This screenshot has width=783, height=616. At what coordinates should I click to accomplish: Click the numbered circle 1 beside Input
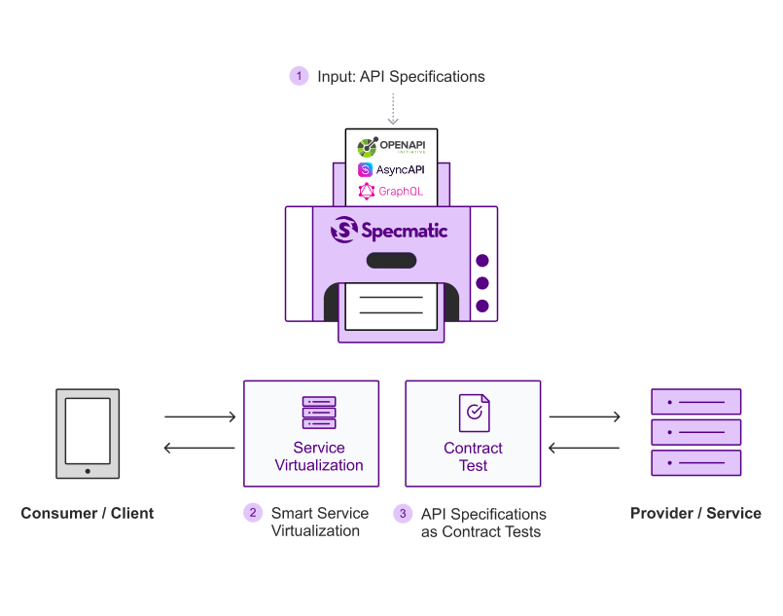(x=300, y=76)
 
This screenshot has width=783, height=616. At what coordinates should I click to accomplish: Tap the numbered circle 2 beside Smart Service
(x=253, y=513)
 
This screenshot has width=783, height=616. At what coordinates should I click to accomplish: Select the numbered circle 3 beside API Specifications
(x=403, y=513)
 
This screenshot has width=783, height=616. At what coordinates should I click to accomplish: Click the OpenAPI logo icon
(x=368, y=147)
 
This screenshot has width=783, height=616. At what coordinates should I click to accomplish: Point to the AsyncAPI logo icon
(x=365, y=170)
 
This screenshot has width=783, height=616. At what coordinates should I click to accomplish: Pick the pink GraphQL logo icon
(x=367, y=191)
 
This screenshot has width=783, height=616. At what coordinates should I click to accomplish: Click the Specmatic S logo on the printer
(x=344, y=230)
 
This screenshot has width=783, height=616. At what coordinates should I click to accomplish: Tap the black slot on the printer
(x=391, y=260)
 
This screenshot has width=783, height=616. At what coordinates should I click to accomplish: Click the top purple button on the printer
(x=482, y=260)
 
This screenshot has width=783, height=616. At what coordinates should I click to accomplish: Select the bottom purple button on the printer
(x=482, y=306)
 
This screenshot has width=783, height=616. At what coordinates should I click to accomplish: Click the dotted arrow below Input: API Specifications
(x=393, y=109)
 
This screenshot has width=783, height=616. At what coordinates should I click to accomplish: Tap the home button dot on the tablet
(x=88, y=471)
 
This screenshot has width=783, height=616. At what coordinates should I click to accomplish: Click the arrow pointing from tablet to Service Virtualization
(x=200, y=417)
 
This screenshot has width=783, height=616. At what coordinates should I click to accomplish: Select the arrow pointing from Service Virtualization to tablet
(x=199, y=448)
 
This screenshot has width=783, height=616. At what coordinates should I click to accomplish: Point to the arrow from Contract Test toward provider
(x=585, y=417)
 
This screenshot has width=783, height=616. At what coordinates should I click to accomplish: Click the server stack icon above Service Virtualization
(x=319, y=413)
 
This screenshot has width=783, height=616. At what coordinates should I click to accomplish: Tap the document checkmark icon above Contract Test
(x=475, y=413)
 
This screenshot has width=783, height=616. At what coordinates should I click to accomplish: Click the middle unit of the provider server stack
(x=696, y=432)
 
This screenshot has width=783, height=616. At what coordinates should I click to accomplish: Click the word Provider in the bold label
(x=661, y=513)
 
